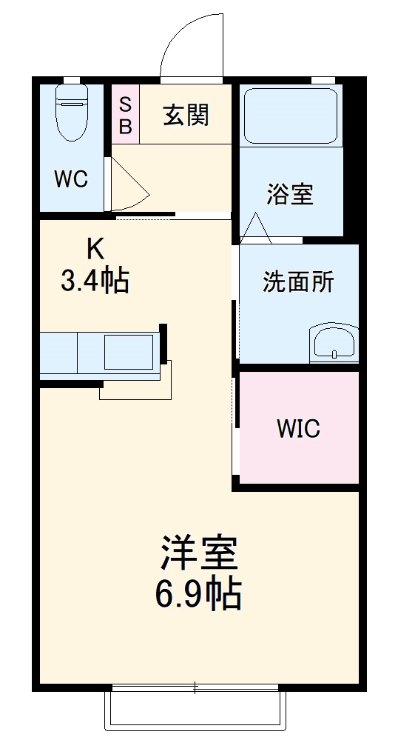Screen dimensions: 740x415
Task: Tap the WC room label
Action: click(71, 179)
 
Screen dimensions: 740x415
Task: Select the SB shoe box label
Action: click(125, 115)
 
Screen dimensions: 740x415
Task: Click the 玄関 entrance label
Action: click(186, 115)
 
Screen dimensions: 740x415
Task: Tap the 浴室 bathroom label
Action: click(290, 193)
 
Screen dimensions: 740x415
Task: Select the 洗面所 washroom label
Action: click(298, 281)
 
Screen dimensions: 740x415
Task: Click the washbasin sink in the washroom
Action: click(334, 343)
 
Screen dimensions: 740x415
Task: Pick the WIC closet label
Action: click(298, 428)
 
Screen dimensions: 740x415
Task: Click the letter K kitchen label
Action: click(94, 247)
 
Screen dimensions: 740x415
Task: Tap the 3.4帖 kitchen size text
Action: click(95, 281)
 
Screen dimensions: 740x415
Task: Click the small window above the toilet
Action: click(72, 79)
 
